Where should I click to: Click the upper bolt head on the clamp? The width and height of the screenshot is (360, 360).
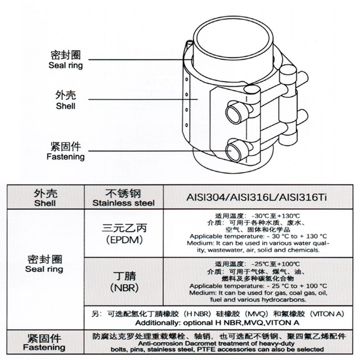tap(234, 113)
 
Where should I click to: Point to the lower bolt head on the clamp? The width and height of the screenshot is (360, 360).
tap(234, 150)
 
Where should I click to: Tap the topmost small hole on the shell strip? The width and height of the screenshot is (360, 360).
tap(187, 80)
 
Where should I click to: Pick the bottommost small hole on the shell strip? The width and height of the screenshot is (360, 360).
tap(187, 125)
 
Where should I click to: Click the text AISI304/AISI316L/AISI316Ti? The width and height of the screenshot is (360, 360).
tap(256, 198)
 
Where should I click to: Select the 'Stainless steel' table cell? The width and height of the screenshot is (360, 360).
tap(123, 198)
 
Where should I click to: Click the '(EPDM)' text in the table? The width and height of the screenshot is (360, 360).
tap(124, 240)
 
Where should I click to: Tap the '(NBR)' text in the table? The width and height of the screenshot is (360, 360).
tap(124, 288)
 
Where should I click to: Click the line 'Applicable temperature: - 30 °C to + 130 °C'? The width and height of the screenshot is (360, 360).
tap(258, 237)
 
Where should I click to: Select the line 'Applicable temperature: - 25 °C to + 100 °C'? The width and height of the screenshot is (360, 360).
tap(258, 286)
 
